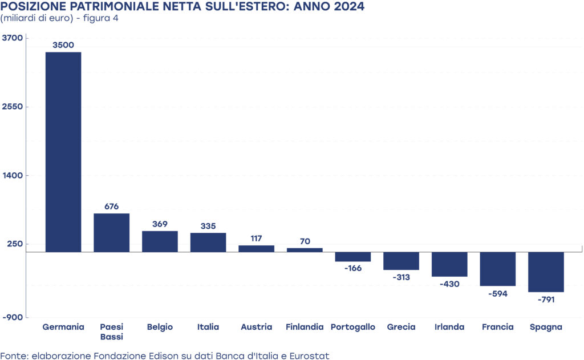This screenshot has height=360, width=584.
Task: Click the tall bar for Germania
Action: tap(63, 152)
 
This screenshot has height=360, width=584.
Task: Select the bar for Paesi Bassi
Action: tap(112, 232)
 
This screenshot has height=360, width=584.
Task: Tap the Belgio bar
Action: tap(160, 241)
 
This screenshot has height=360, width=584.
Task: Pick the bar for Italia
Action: tap(208, 242)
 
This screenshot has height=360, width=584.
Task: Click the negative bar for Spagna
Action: tap(546, 272)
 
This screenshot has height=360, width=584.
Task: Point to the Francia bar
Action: tap(498, 269)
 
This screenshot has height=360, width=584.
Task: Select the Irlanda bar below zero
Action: tap(449, 264)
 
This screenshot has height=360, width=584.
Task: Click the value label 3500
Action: tap(63, 45)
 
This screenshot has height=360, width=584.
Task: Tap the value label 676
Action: tap(112, 206)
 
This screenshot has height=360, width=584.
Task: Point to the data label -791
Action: tap(546, 299)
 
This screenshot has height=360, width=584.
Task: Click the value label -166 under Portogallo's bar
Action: tap(353, 268)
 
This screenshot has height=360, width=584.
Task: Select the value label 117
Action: tap(256, 238)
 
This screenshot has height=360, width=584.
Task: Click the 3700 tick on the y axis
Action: tap(13, 38)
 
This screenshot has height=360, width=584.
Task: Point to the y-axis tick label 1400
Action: tap(13, 175)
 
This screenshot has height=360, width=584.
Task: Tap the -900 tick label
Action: tap(13, 317)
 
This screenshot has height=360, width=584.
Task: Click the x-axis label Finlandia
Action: tap(305, 327)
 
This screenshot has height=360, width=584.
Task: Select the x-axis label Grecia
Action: tap(401, 327)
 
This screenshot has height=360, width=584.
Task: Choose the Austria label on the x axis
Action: tap(256, 327)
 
